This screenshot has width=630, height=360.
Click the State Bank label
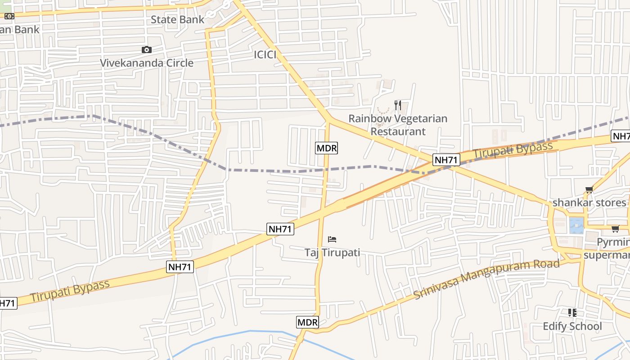click(x=177, y=19)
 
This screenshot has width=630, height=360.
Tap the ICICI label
click(x=265, y=55)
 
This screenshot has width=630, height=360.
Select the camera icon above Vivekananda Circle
click(x=146, y=50)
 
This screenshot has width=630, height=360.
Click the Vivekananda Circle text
click(x=147, y=63)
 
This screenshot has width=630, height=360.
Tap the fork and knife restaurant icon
click(x=397, y=105)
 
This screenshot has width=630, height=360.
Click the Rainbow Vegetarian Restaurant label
click(x=398, y=125)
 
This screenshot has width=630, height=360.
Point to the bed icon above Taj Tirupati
click(x=332, y=239)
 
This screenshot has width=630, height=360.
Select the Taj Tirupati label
click(x=332, y=252)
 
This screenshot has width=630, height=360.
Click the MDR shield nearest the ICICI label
click(x=326, y=148)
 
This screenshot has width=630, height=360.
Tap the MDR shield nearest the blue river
click(x=308, y=322)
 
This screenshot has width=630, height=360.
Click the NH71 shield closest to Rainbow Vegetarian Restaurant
click(x=446, y=160)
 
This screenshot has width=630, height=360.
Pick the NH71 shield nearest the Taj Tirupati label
click(x=280, y=229)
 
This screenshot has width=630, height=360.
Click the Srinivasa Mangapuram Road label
click(x=486, y=279)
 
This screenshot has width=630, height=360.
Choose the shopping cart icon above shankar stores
click(x=589, y=190)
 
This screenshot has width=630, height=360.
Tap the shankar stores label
click(x=589, y=202)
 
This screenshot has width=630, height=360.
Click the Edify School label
click(x=572, y=326)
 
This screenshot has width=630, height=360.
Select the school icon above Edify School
click(x=572, y=313)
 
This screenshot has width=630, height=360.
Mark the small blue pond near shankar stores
click(x=576, y=225)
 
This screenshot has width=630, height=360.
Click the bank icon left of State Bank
click(x=9, y=16)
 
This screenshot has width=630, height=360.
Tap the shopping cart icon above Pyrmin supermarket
click(x=615, y=229)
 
